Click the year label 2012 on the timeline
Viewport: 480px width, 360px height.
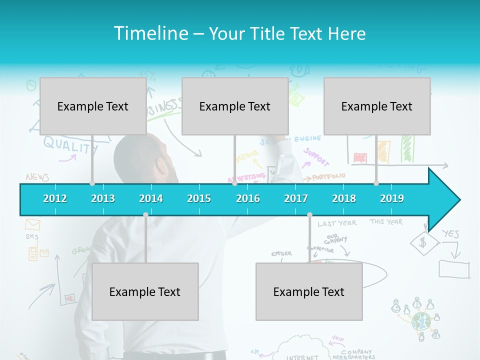pos(55,198)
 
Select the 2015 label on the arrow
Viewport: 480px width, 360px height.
pos(199,198)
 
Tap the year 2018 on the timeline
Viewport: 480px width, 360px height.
pos(344,198)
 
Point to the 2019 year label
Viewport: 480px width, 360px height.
pos(392,198)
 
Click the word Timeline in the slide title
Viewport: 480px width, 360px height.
pos(150,33)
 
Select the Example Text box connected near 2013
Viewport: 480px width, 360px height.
pos(93,106)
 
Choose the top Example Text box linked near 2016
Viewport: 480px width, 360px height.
pos(235,106)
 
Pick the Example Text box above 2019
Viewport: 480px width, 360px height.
pos(377,106)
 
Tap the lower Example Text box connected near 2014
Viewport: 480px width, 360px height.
pos(145,291)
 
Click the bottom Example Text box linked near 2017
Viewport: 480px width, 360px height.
pos(309,291)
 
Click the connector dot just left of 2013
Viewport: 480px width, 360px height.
pos(92,183)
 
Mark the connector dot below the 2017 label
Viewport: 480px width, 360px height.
pos(309,215)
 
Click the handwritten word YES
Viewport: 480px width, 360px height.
pos(450,233)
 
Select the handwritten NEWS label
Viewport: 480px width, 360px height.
pos(37,177)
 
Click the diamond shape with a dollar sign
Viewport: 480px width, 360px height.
pos(424,243)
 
